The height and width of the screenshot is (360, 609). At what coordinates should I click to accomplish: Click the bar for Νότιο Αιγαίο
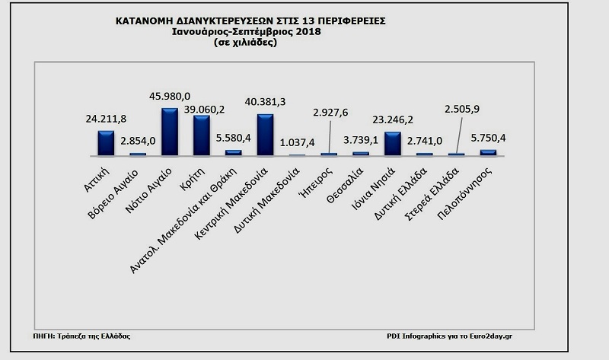169,132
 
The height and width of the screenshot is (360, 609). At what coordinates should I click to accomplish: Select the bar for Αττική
106,143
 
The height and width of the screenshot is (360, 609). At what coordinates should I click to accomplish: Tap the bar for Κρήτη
201,135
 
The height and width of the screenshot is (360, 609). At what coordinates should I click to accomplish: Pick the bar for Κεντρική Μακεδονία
264,135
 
